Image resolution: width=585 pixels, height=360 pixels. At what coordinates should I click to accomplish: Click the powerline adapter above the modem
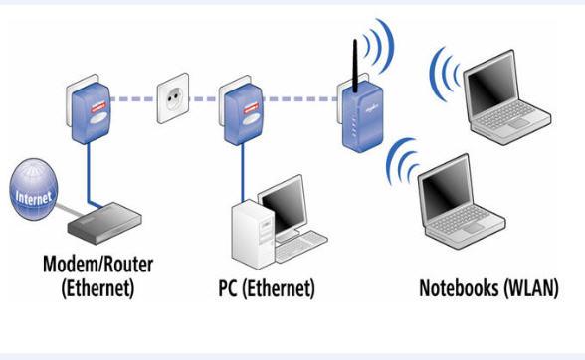pos(86,102)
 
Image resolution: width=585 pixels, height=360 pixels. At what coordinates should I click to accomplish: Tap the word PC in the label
pos(230,289)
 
